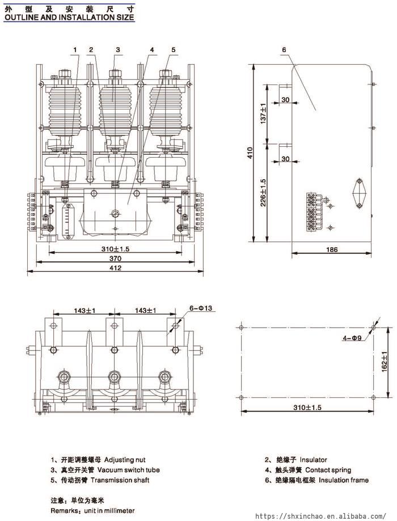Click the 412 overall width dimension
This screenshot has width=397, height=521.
click(x=115, y=268)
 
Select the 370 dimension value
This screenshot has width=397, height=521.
click(x=115, y=259)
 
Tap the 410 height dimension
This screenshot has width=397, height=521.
click(x=250, y=153)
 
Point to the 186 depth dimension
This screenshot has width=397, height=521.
click(x=332, y=249)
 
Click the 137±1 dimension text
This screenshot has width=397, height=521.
click(x=263, y=113)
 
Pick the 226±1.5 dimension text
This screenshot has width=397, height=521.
click(x=263, y=193)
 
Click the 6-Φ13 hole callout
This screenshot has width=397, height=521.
click(x=201, y=308)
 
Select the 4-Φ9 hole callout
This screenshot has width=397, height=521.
click(x=352, y=338)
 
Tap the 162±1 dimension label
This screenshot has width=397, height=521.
click(x=385, y=362)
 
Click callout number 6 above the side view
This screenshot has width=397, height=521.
click(x=284, y=49)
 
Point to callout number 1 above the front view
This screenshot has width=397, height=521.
click(x=75, y=49)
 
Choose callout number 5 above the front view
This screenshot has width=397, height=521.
click(x=173, y=49)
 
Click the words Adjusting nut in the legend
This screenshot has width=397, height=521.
click(x=125, y=460)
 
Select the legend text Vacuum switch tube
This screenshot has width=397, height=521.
click(x=128, y=470)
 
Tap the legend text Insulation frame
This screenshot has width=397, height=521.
click(x=344, y=480)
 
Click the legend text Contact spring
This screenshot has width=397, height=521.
click(x=328, y=470)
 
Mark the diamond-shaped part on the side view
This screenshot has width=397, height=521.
click(x=359, y=193)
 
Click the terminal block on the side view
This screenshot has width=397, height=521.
click(x=311, y=211)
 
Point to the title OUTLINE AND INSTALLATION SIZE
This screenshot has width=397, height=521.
click(x=69, y=18)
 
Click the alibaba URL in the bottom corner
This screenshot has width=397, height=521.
click(x=321, y=516)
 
